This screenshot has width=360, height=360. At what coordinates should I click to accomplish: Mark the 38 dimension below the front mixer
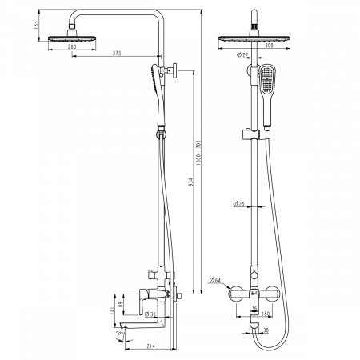(x=264, y=328)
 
